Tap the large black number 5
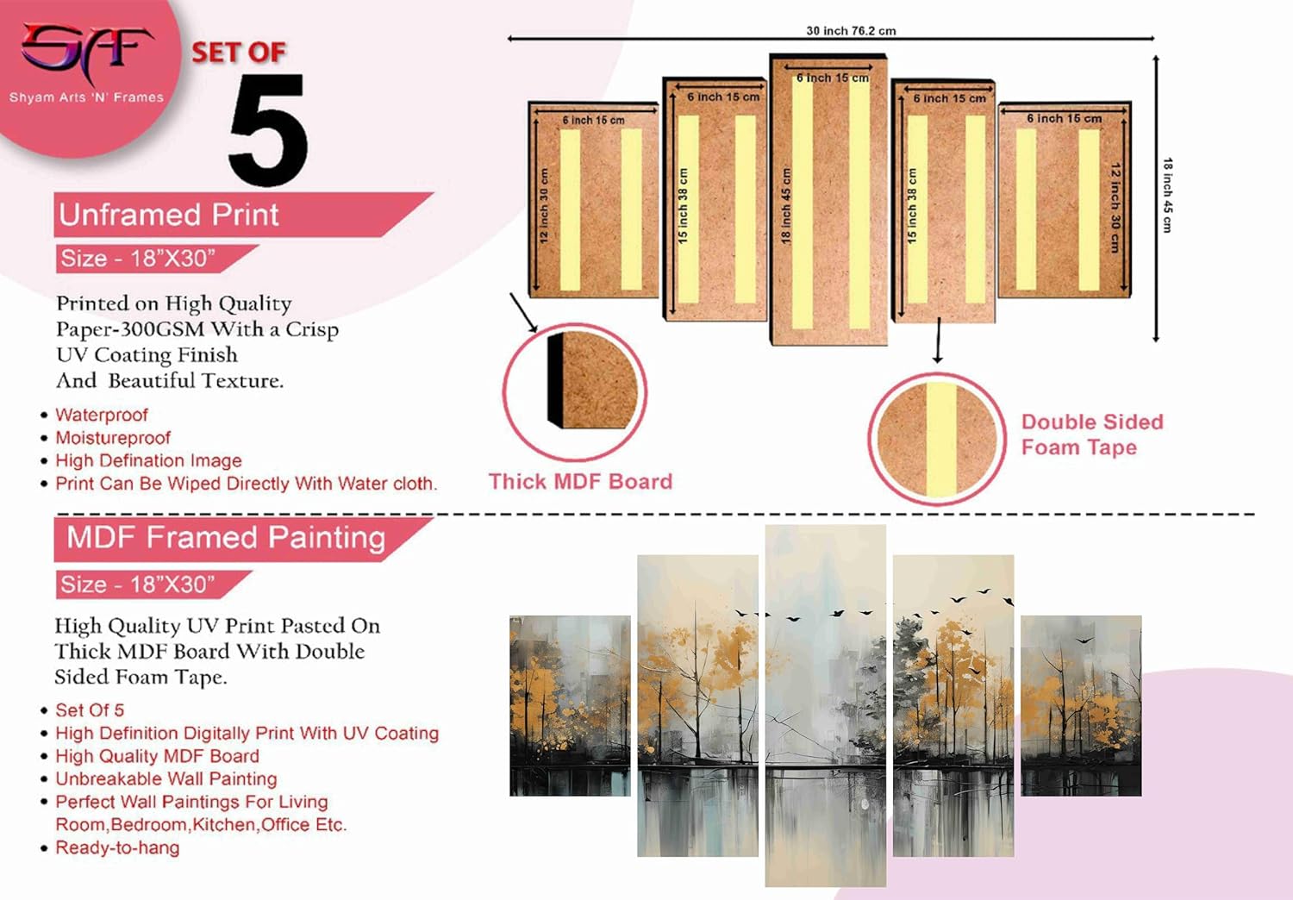268,129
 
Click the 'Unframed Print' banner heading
169,215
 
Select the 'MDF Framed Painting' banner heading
226,538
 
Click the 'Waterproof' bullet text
102,416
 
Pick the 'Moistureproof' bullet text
113,438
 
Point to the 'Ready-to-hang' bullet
117,847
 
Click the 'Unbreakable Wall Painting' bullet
166,778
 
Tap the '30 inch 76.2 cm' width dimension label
850,31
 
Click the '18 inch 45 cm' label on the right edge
1166,195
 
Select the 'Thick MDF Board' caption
580,481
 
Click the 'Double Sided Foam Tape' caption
1091,434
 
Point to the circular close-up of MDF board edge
575,391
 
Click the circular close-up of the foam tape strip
937,439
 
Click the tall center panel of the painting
825,705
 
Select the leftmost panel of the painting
570,705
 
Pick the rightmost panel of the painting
1081,705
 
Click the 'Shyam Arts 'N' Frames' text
86,97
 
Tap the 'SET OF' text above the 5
238,53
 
